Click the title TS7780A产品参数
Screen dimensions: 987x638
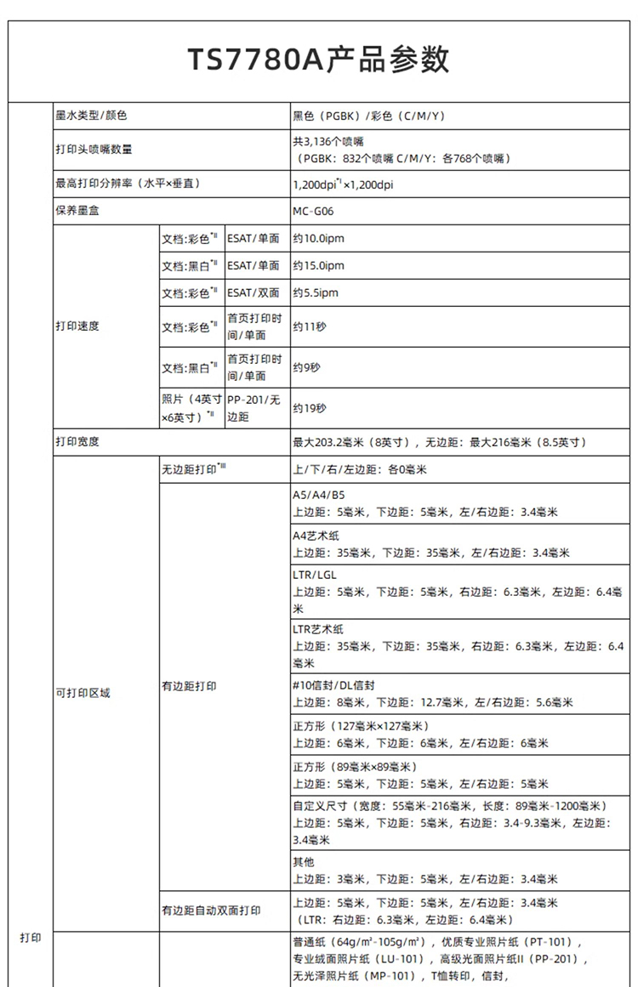[x=318, y=60]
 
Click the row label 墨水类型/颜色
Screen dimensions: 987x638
[x=91, y=115]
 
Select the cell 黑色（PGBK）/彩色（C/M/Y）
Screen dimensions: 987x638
[x=370, y=115]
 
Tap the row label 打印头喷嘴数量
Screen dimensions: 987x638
[x=94, y=150]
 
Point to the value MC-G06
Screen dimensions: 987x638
[x=312, y=210]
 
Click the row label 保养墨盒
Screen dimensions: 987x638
[x=77, y=210]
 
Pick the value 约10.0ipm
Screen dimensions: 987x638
[x=319, y=239]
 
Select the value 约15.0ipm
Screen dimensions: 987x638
[x=319, y=266]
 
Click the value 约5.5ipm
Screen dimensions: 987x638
[x=316, y=293]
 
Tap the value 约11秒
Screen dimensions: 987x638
[x=310, y=326]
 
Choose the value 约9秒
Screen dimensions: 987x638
[x=307, y=368]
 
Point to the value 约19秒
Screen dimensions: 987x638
[x=310, y=409]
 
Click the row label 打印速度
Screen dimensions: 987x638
[x=77, y=326]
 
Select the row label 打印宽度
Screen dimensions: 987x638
[x=77, y=442]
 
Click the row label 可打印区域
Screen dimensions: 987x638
[x=83, y=693]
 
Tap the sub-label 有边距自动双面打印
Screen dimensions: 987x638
[x=211, y=910]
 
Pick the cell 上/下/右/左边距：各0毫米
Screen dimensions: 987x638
[x=360, y=469]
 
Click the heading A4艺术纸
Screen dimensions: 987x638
[x=316, y=535]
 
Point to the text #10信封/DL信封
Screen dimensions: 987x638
[x=334, y=685]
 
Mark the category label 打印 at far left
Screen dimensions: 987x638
[x=30, y=938]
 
